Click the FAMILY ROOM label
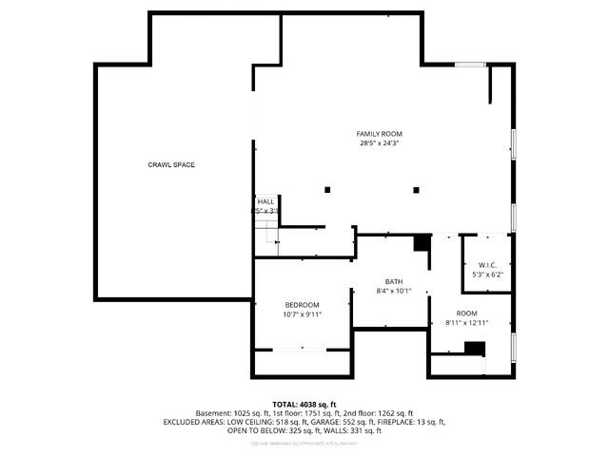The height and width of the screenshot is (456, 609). pyautogui.click(x=380, y=133)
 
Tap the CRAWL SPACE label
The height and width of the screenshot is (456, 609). pyautogui.click(x=171, y=165)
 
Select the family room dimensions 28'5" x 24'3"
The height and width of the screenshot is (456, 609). pyautogui.click(x=380, y=144)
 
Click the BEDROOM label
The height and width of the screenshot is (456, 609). pyautogui.click(x=302, y=304)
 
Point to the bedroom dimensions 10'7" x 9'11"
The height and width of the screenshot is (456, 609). pyautogui.click(x=302, y=314)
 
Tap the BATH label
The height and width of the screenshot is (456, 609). pyautogui.click(x=393, y=281)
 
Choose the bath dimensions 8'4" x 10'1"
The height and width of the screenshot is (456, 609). pyautogui.click(x=393, y=292)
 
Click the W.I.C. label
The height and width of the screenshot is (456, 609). pyautogui.click(x=486, y=264)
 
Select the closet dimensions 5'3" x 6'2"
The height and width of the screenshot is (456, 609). pyautogui.click(x=486, y=275)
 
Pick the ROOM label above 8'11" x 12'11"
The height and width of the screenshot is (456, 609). pyautogui.click(x=466, y=313)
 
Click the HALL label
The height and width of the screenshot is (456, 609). pyautogui.click(x=265, y=201)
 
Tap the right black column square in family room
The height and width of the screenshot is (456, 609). pyautogui.click(x=415, y=190)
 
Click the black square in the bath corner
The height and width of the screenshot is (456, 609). pyautogui.click(x=421, y=243)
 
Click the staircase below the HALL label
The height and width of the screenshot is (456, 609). pyautogui.click(x=267, y=237)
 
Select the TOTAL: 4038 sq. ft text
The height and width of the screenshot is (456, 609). pyautogui.click(x=304, y=404)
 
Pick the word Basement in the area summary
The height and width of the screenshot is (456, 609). pyautogui.click(x=213, y=413)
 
